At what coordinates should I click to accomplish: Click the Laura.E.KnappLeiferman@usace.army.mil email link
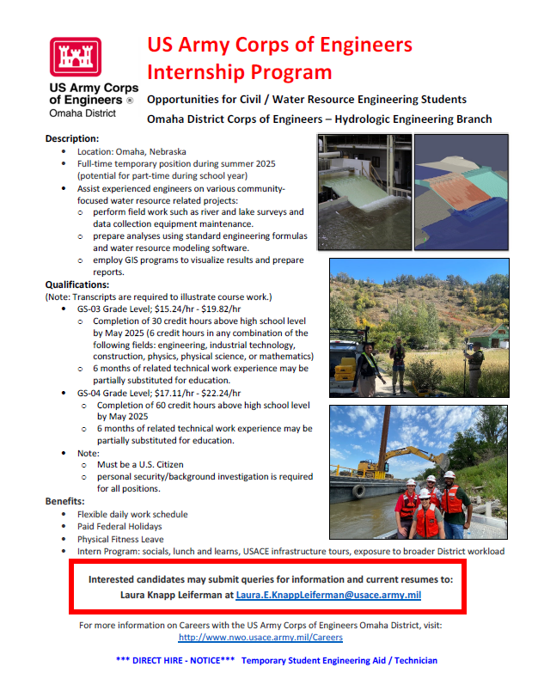pos(328,595)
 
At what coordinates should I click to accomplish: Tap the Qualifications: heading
pos(77,284)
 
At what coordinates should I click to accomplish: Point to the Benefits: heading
pos(64,501)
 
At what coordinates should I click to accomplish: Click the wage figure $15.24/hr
pos(174,309)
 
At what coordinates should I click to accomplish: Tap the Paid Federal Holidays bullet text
pos(119,526)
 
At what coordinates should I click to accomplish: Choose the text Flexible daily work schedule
pos(132,514)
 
